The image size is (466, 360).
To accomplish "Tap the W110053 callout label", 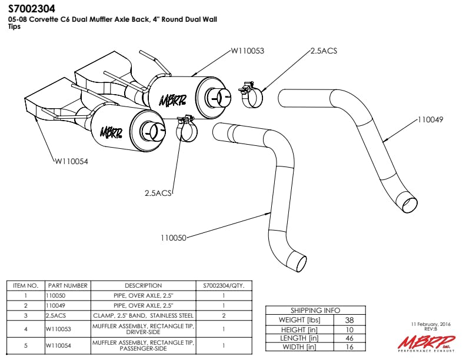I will click(x=247, y=51).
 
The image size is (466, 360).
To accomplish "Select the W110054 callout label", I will click(x=71, y=161).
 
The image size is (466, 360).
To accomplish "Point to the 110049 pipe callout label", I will click(x=430, y=119).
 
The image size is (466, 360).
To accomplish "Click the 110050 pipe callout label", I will click(x=173, y=238).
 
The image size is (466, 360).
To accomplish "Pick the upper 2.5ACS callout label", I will click(x=324, y=51).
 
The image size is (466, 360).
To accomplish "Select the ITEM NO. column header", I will click(x=25, y=285).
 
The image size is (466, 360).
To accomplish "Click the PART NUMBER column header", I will click(x=68, y=285).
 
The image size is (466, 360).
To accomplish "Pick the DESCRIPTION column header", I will click(x=143, y=285).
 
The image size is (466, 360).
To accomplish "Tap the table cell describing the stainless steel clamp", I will click(x=144, y=315).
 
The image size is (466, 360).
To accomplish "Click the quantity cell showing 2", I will click(x=224, y=315).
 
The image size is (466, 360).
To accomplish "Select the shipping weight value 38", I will click(x=349, y=320).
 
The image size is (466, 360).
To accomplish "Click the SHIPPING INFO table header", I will click(x=315, y=310).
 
